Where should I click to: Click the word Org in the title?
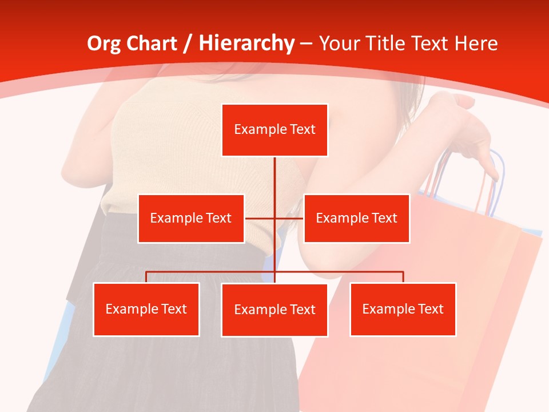pyautogui.click(x=104, y=43)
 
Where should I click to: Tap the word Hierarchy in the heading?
pyautogui.click(x=246, y=43)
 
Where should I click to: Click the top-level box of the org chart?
pyautogui.click(x=274, y=130)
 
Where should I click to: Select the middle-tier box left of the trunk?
pyautogui.click(x=191, y=218)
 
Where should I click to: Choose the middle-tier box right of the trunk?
pyautogui.click(x=356, y=218)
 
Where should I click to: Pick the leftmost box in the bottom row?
pyautogui.click(x=146, y=309)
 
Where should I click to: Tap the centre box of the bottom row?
pyautogui.click(x=274, y=310)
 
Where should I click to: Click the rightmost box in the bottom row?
pyautogui.click(x=403, y=309)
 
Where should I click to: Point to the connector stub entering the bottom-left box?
pyautogui.click(x=146, y=277)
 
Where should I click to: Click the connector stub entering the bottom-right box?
pyautogui.click(x=403, y=277)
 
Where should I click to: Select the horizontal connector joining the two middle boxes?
pyautogui.click(x=274, y=218)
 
